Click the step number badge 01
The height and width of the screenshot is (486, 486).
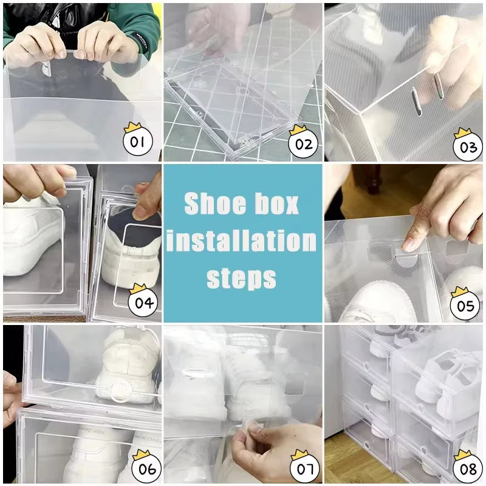(x=137, y=143)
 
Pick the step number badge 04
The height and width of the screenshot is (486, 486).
(x=143, y=301)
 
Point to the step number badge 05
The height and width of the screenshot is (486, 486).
(x=465, y=305)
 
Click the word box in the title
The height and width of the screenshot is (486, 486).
(x=277, y=204)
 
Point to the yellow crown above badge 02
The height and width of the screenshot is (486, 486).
(x=298, y=130)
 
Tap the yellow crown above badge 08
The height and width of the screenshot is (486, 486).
(x=462, y=454)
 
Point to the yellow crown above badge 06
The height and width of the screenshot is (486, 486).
(x=142, y=454)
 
